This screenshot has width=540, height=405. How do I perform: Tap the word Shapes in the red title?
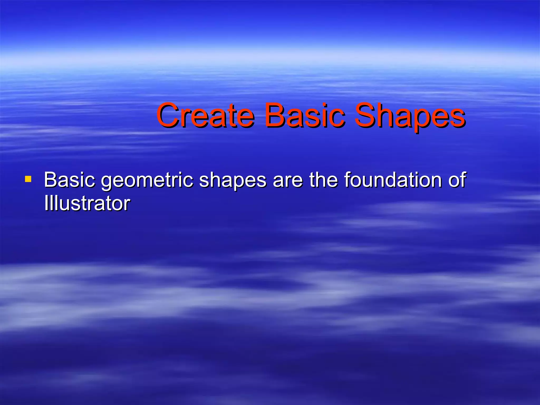click(410, 117)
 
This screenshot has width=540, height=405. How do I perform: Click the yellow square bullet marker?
click(28, 180)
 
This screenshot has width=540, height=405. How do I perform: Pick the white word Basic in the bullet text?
click(69, 180)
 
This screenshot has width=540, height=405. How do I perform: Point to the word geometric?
click(147, 181)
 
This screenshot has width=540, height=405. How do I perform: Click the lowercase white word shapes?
click(233, 181)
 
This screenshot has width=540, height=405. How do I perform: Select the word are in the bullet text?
click(288, 180)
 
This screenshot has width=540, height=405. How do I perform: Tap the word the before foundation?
click(324, 180)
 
